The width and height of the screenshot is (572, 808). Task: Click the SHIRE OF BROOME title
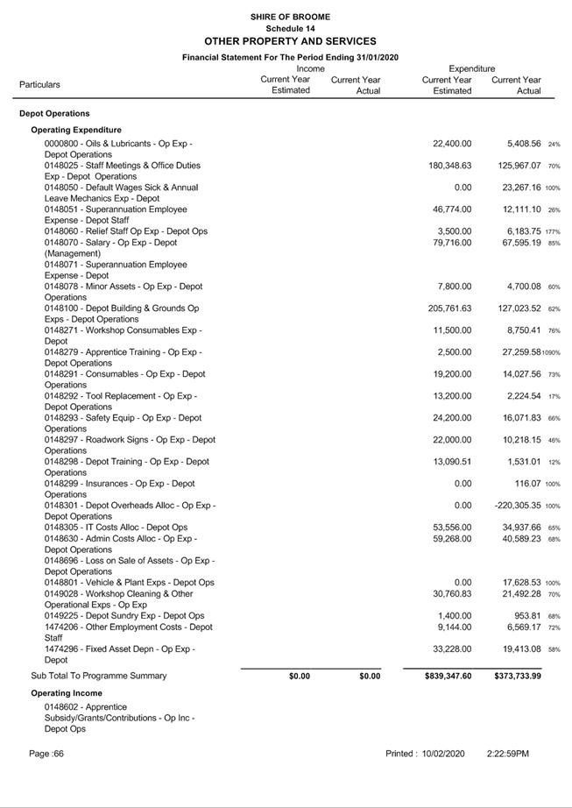(290, 17)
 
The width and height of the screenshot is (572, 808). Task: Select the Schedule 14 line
(290, 28)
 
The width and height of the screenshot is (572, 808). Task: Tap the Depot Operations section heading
(54, 113)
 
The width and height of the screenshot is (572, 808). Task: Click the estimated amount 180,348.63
(449, 166)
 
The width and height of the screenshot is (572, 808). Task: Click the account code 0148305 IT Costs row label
(116, 528)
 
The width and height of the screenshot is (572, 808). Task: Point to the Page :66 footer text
(46, 754)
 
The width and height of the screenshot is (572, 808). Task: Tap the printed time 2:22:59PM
(508, 754)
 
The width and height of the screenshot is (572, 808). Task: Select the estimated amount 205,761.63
(449, 308)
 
